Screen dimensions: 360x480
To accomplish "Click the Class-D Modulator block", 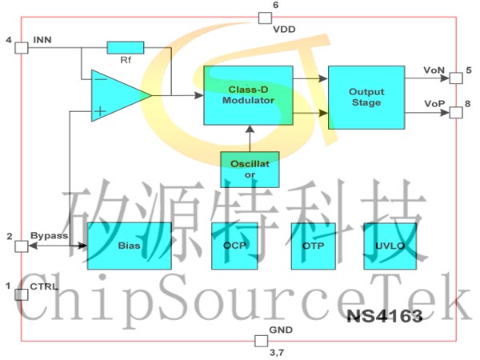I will [248, 94].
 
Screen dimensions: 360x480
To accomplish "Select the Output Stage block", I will [365, 97].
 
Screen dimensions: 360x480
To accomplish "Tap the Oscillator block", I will [250, 169].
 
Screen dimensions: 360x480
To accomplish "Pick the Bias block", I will [129, 245].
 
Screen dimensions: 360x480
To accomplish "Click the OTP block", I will [313, 245].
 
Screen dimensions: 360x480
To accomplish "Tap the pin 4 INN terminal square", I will [22, 46].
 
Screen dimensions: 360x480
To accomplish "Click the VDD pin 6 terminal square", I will [264, 18].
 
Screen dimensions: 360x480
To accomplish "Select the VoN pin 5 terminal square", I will [455, 78].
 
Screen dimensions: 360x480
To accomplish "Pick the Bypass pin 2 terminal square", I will [22, 245].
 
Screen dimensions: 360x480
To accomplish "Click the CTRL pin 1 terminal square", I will [22, 294].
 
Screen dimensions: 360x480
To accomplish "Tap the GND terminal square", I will [259, 341].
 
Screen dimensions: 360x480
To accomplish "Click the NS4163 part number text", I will [385, 317].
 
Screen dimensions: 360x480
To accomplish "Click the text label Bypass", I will [49, 236].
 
